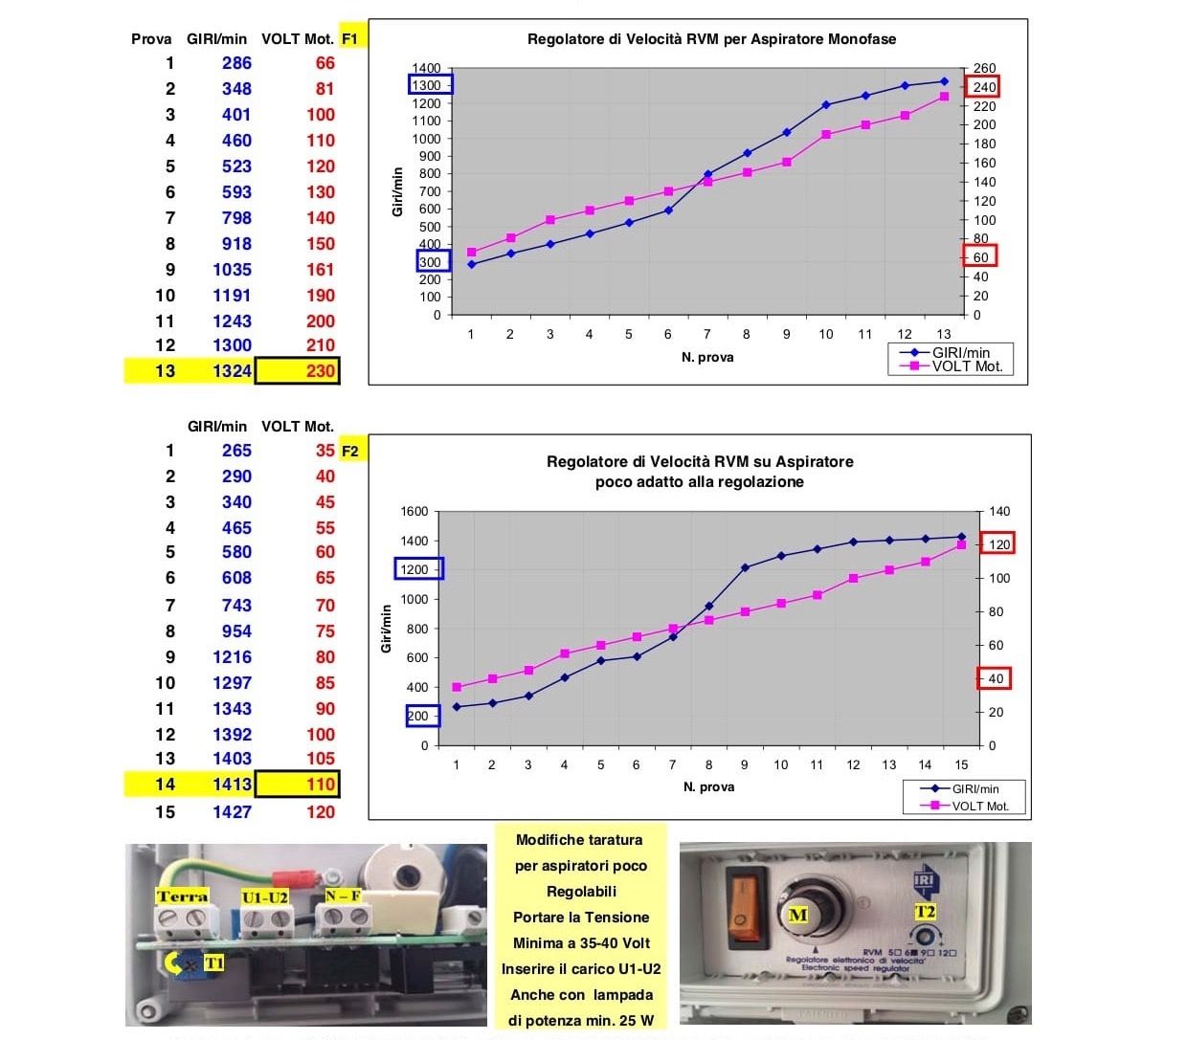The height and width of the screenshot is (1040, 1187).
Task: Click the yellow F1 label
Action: [350, 39]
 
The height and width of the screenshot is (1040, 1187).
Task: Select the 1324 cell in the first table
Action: [232, 371]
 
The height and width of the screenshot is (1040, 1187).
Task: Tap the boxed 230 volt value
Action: [298, 371]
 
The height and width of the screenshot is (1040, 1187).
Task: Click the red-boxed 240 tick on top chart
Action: [984, 87]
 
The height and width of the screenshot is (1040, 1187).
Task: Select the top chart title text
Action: [711, 39]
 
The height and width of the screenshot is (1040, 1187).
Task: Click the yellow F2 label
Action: [350, 451]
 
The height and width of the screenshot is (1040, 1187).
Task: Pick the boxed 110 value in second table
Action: [298, 785]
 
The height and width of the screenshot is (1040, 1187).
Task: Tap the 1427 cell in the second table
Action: [232, 811]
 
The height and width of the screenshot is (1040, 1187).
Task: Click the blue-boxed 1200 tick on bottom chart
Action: [418, 569]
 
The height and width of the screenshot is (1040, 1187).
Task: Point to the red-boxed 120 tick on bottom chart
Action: [997, 544]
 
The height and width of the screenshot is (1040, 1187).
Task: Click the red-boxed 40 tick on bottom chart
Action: [995, 679]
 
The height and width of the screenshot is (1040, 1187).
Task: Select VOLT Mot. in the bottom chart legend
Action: [979, 806]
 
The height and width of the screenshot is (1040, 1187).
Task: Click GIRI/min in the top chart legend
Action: [961, 353]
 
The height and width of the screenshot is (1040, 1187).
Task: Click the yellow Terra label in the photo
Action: [182, 896]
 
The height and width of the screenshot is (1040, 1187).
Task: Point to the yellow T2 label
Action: [925, 912]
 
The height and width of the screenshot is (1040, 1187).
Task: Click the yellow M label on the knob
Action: [797, 915]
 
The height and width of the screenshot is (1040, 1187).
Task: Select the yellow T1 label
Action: [213, 963]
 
